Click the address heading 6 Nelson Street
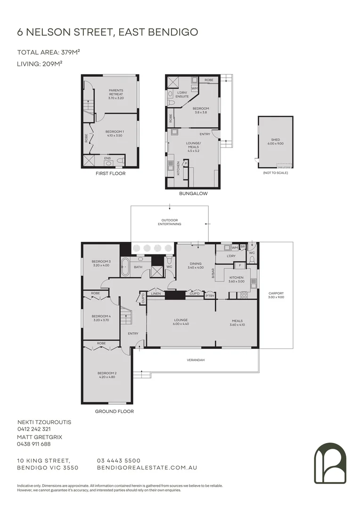[x=107, y=32]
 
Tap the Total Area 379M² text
[x=45, y=52]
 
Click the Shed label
[x=275, y=141]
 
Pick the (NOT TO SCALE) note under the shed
[x=275, y=173]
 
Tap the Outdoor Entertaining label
[x=170, y=222]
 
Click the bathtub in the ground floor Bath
[x=125, y=267]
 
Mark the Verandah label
[x=196, y=360]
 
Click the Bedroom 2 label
[x=107, y=375]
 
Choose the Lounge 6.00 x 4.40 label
[x=181, y=321]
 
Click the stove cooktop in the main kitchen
[x=245, y=295]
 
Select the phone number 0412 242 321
[x=33, y=429]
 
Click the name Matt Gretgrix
[x=40, y=437]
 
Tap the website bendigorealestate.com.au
[x=147, y=468]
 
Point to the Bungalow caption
[x=193, y=193]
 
